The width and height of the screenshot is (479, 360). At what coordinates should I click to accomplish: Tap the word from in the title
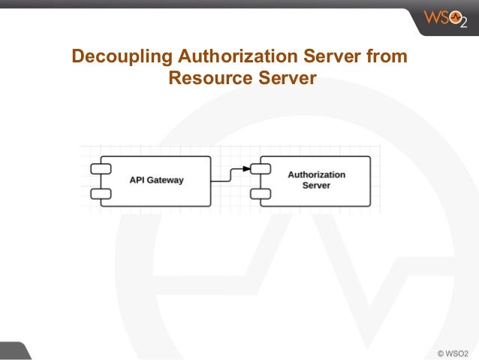click(x=390, y=57)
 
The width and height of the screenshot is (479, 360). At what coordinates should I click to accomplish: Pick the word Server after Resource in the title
click(x=282, y=78)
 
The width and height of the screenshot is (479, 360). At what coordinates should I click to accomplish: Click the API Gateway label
click(x=156, y=180)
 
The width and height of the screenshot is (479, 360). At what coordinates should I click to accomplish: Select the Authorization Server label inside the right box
click(x=316, y=180)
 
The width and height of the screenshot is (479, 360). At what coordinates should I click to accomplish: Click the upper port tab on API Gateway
click(x=101, y=168)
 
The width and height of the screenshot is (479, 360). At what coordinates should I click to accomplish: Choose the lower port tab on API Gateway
click(x=101, y=194)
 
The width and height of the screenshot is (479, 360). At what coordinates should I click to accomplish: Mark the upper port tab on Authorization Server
click(x=261, y=168)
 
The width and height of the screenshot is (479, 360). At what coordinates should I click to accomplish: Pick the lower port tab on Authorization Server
click(x=261, y=194)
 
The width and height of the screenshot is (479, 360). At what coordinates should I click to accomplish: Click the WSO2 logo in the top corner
click(x=445, y=17)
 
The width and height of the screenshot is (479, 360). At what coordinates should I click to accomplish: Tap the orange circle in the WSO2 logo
click(x=453, y=17)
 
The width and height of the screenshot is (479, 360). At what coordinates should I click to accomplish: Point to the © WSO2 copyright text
click(x=453, y=352)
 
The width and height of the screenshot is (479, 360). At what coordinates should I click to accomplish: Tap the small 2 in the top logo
click(x=464, y=23)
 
